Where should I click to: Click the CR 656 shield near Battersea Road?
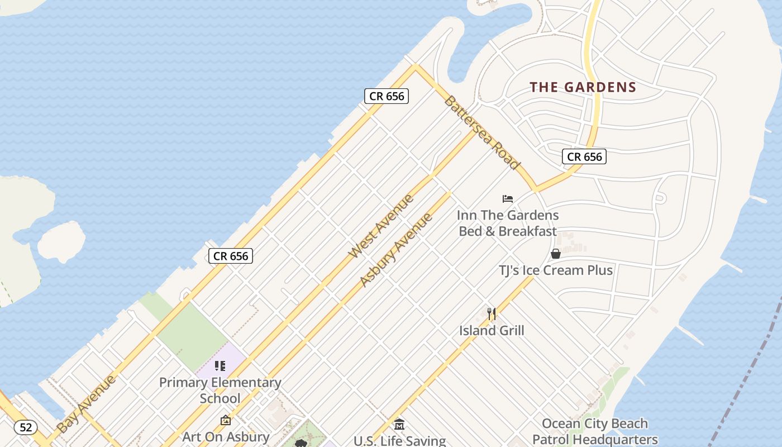tap(387, 96)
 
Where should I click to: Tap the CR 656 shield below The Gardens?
tap(584, 156)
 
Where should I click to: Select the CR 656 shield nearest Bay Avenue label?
tap(231, 256)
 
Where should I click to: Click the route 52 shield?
tap(26, 427)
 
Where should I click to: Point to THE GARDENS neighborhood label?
tap(583, 87)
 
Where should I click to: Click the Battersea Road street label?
tap(482, 133)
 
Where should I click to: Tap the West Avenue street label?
tap(381, 226)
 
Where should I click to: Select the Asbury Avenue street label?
tap(395, 249)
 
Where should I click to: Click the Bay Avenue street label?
tap(87, 404)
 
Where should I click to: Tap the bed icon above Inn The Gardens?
tap(507, 198)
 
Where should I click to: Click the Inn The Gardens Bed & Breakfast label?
tap(507, 223)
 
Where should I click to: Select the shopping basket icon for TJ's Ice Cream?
tap(556, 254)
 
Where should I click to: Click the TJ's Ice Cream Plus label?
tap(556, 270)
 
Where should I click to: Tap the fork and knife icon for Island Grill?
tap(492, 313)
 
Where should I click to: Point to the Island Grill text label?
tap(492, 331)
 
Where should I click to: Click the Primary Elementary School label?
tap(220, 390)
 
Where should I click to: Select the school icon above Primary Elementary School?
tap(220, 366)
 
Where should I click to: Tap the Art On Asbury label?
tap(226, 436)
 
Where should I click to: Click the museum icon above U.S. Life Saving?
tap(399, 424)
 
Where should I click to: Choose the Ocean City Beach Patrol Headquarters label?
tap(595, 431)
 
